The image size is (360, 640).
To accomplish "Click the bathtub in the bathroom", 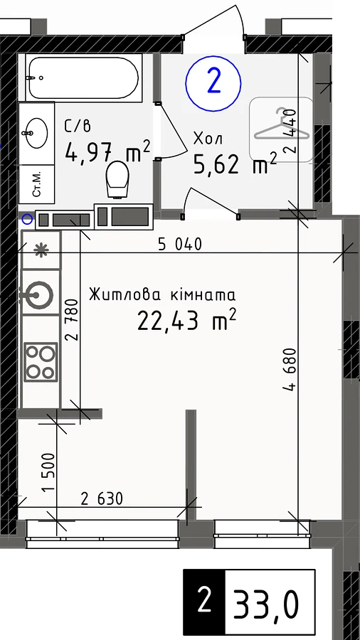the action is click(x=84, y=78).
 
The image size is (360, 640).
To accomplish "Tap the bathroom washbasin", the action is click(x=37, y=133).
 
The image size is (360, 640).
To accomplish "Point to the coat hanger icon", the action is click(x=281, y=127).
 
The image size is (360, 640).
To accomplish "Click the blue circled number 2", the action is click(x=213, y=83).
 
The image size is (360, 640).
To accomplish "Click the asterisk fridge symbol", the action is click(x=41, y=250).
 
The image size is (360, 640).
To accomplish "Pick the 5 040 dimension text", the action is click(x=180, y=245).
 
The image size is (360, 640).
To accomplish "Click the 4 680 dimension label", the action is click(x=290, y=370).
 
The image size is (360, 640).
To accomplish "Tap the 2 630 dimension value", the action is click(x=102, y=498).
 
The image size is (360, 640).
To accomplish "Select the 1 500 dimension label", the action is click(x=48, y=474).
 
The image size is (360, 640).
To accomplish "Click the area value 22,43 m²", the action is click(x=187, y=319).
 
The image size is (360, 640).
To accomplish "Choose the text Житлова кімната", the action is click(x=162, y=294).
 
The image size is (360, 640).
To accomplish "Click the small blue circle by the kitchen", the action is click(x=27, y=220).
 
